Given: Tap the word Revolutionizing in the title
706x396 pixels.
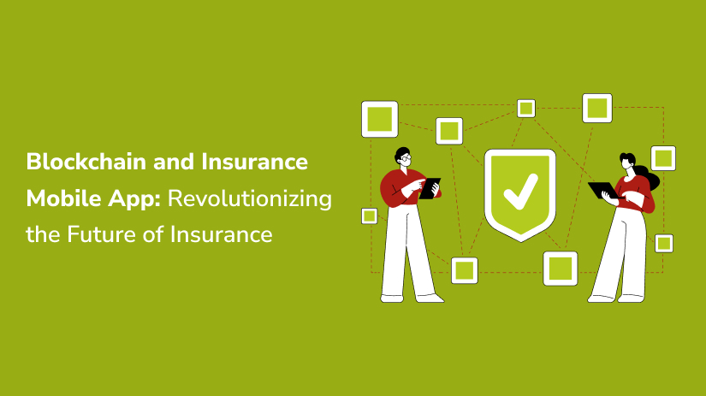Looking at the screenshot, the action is point(250,199).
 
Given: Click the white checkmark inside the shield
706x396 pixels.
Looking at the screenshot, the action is point(520,192).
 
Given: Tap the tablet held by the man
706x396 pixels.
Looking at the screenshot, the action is point(430,188).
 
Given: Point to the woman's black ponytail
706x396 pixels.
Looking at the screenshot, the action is point(650,175).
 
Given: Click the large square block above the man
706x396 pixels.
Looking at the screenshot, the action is point(380,119).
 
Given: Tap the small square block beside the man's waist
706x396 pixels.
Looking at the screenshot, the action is point(369,216).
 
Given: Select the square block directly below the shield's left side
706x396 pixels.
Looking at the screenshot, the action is point(464,270).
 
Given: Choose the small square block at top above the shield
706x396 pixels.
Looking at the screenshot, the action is point(526,109).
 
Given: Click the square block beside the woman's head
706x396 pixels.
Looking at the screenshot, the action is point(663,158).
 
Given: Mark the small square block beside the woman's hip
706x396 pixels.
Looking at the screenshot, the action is point(664,244).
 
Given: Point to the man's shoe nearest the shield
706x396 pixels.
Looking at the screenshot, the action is point(429,298).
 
